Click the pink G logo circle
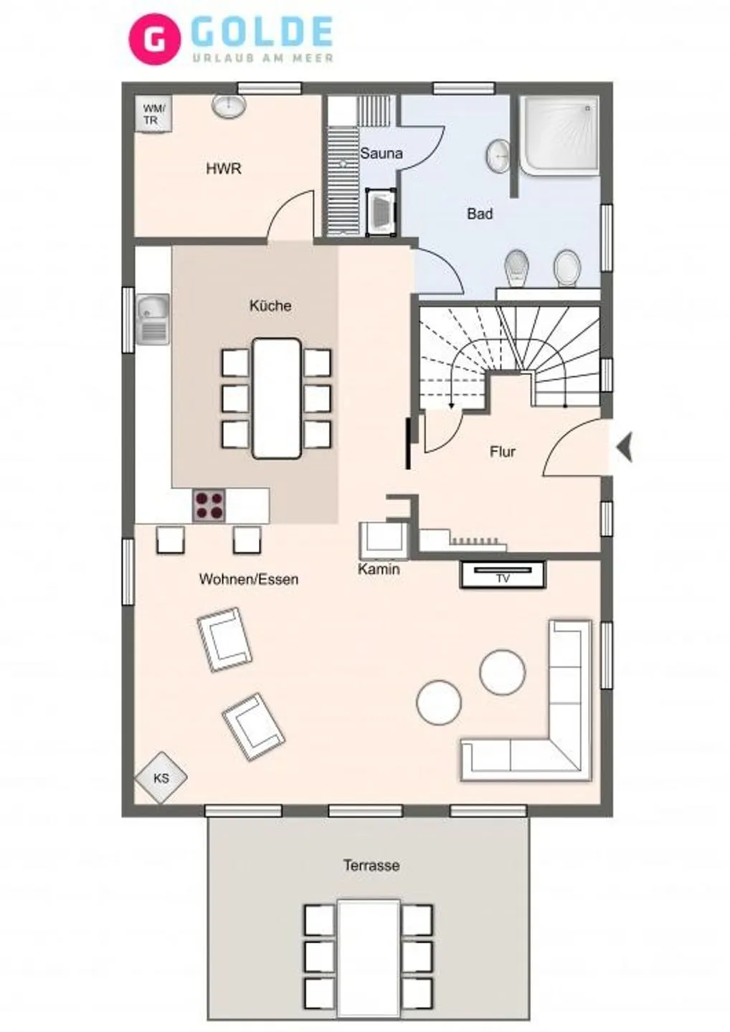point(154,39)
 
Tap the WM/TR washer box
point(154,115)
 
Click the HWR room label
point(224,169)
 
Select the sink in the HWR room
point(229,106)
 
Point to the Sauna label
point(381,153)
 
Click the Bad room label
point(480,214)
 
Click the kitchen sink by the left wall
point(153,318)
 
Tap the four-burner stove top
point(209,505)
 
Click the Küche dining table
point(276,398)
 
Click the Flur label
point(502,451)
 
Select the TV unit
point(502,575)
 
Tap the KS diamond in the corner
point(161,778)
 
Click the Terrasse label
point(371,866)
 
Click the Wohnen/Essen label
point(249,579)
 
